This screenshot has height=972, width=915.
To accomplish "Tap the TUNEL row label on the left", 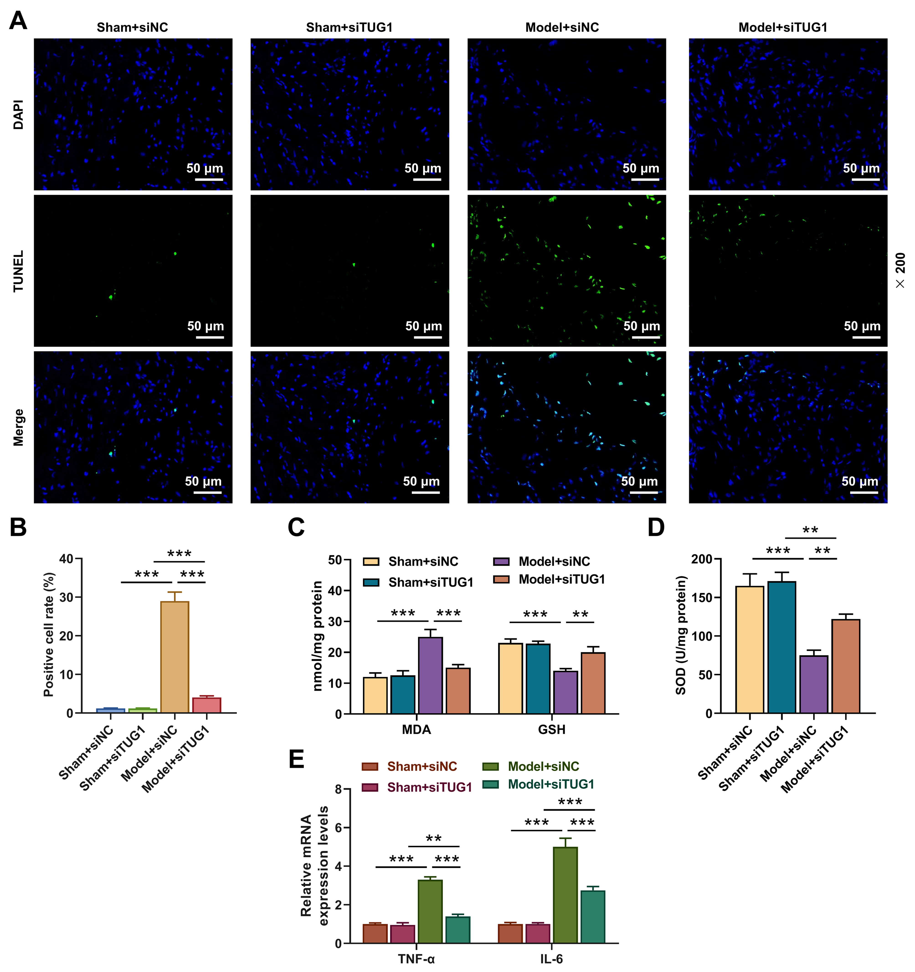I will (19, 271).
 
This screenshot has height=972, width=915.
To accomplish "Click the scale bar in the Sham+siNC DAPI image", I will (209, 179).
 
